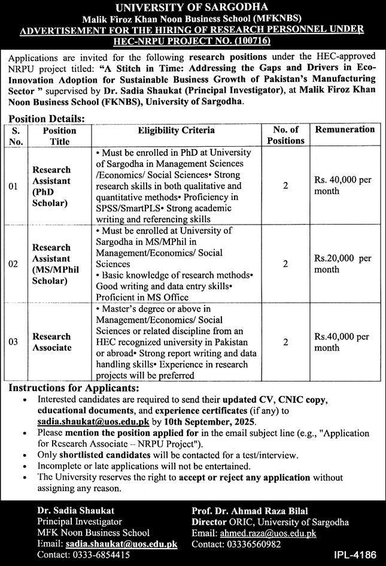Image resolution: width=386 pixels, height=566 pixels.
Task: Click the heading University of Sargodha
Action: click(193, 8)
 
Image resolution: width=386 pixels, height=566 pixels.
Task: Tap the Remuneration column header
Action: click(345, 129)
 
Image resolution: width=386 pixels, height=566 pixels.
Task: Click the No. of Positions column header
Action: click(285, 135)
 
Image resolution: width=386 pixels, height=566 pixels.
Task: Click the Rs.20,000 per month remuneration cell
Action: click(343, 264)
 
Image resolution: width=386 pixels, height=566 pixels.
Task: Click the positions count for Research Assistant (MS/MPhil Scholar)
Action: click(285, 264)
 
